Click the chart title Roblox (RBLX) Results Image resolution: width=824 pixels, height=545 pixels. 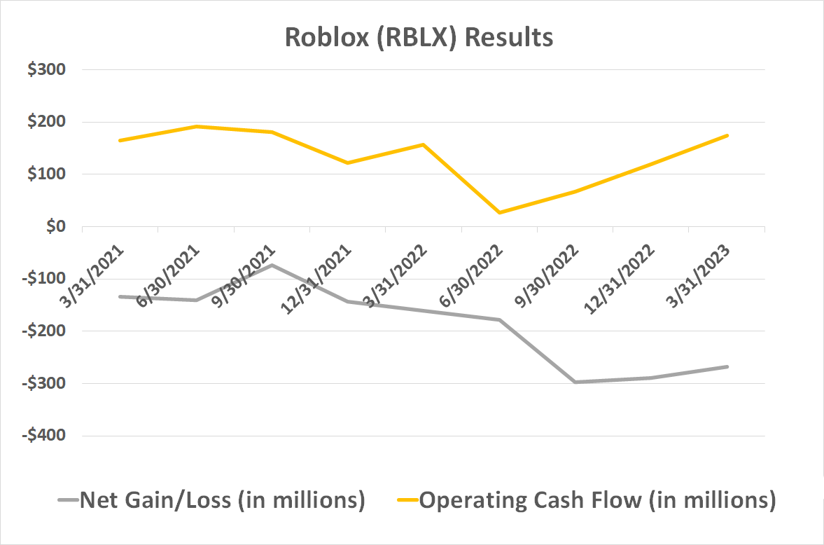419,37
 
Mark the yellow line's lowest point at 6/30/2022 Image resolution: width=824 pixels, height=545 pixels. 499,212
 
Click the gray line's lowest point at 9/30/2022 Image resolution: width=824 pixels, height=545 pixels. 575,382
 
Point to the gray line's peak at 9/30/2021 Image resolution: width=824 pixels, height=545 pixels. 272,265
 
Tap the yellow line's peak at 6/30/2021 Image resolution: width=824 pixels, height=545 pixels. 196,126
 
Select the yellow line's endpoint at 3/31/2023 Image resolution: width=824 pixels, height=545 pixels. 727,135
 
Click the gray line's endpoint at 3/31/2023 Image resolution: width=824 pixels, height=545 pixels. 727,366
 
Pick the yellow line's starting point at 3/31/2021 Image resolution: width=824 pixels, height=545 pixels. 120,141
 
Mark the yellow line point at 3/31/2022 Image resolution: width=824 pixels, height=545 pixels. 423,144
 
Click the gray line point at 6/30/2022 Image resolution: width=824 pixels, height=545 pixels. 499,320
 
